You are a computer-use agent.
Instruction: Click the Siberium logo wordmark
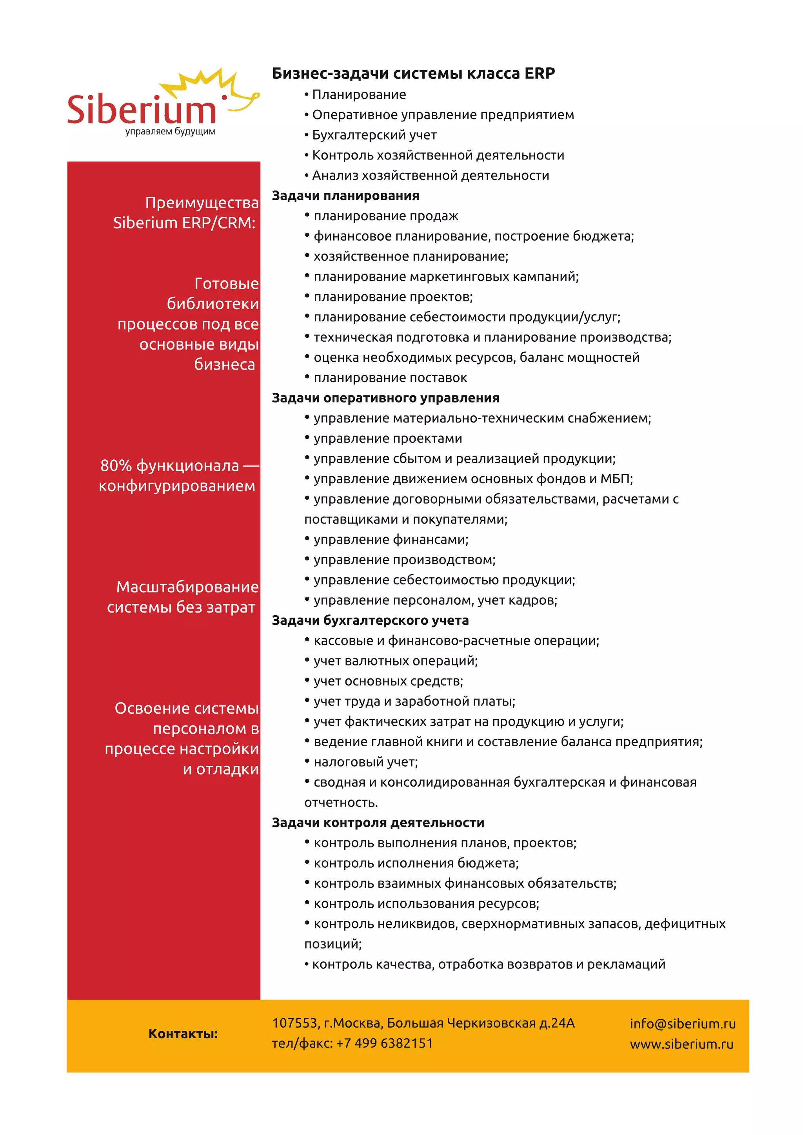142,109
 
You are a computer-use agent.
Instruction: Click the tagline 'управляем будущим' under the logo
170,132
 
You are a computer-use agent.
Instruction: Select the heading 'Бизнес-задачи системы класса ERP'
413,73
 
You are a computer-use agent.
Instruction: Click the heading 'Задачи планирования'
345,196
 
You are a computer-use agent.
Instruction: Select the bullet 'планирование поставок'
390,378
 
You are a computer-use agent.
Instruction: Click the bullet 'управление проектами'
388,439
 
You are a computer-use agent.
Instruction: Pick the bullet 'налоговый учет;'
365,762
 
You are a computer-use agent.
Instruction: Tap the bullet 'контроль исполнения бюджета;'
416,863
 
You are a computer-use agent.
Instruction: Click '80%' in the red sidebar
116,466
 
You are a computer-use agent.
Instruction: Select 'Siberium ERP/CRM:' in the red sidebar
184,223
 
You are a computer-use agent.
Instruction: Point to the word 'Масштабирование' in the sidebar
187,587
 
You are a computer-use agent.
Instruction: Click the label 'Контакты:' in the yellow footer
183,1033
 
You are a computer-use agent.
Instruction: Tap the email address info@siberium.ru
682,1024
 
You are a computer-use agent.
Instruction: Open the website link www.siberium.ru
681,1044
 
